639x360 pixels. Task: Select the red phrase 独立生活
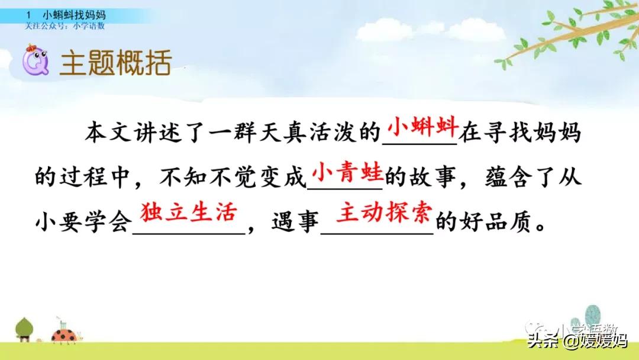[x=188, y=213]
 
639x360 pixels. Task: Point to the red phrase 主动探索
[x=384, y=213]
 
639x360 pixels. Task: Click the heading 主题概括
[x=115, y=62]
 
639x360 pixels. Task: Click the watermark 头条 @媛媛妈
[x=577, y=341]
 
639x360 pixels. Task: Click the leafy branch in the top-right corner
[x=568, y=36]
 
